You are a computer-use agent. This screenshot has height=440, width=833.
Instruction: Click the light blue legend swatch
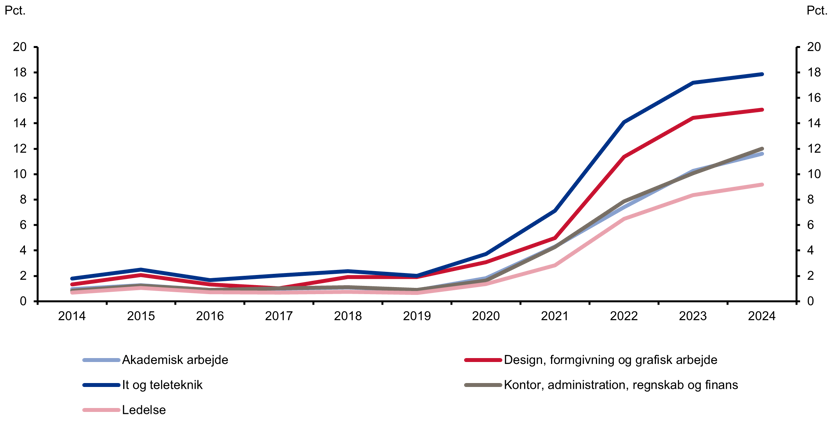pyautogui.click(x=101, y=360)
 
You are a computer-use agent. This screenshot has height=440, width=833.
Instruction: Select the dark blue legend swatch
pyautogui.click(x=101, y=385)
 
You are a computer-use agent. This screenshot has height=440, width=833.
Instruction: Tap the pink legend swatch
pyautogui.click(x=101, y=410)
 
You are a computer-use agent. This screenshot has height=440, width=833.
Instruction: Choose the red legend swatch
pyautogui.click(x=482, y=360)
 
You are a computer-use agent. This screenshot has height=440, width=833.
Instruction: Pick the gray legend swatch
pyautogui.click(x=482, y=385)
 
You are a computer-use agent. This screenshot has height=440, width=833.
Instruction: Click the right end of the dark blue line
pyautogui.click(x=762, y=74)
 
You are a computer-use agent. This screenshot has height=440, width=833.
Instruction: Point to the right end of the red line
pyautogui.click(x=762, y=110)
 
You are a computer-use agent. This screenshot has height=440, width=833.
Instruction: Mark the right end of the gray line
pyautogui.click(x=762, y=149)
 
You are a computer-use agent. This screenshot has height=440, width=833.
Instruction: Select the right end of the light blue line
pyautogui.click(x=762, y=154)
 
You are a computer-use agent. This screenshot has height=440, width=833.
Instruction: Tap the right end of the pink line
pyautogui.click(x=762, y=185)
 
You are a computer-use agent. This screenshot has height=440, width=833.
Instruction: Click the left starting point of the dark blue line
pyautogui.click(x=71, y=278)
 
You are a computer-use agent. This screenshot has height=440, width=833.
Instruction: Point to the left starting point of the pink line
pyautogui.click(x=71, y=293)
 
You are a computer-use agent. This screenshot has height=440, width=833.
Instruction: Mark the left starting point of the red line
pyautogui.click(x=71, y=284)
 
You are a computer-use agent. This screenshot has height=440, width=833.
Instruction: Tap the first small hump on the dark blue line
pyautogui.click(x=140, y=270)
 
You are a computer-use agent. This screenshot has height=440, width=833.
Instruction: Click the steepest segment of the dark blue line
pyautogui.click(x=589, y=166)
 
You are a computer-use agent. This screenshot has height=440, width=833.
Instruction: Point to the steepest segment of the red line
pyautogui.click(x=589, y=197)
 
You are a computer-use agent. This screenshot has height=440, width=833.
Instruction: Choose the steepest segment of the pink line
pyautogui.click(x=589, y=243)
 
